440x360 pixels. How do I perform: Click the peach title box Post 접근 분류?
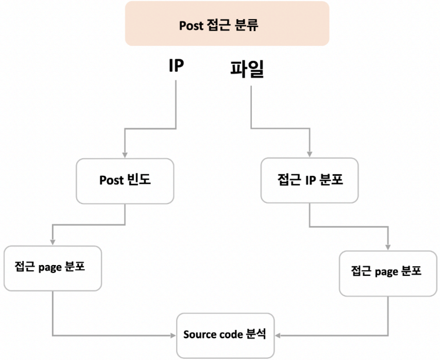[226, 24]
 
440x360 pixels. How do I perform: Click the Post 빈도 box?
[125, 180]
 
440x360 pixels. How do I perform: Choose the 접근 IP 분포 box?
[310, 180]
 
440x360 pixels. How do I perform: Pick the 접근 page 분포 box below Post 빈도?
[53, 268]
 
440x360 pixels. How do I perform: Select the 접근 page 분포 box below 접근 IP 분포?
[387, 273]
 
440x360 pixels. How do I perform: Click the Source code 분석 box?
[225, 335]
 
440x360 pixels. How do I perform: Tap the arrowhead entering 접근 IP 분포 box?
[309, 154]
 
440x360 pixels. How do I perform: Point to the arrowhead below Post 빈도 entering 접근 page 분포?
[52, 242]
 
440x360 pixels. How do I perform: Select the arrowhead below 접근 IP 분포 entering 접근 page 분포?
[389, 248]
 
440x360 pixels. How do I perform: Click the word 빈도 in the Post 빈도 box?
[140, 180]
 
